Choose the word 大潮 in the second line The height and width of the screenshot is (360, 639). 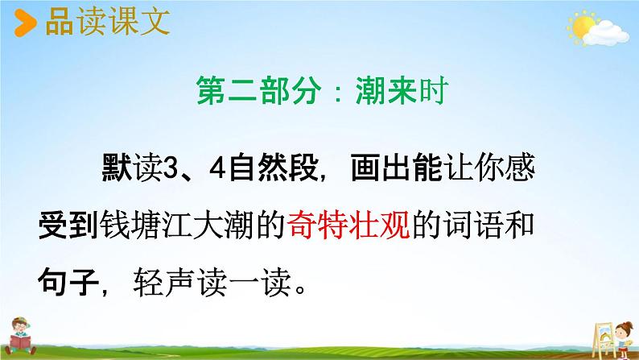click(228, 226)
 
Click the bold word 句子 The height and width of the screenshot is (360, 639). click(71, 283)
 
